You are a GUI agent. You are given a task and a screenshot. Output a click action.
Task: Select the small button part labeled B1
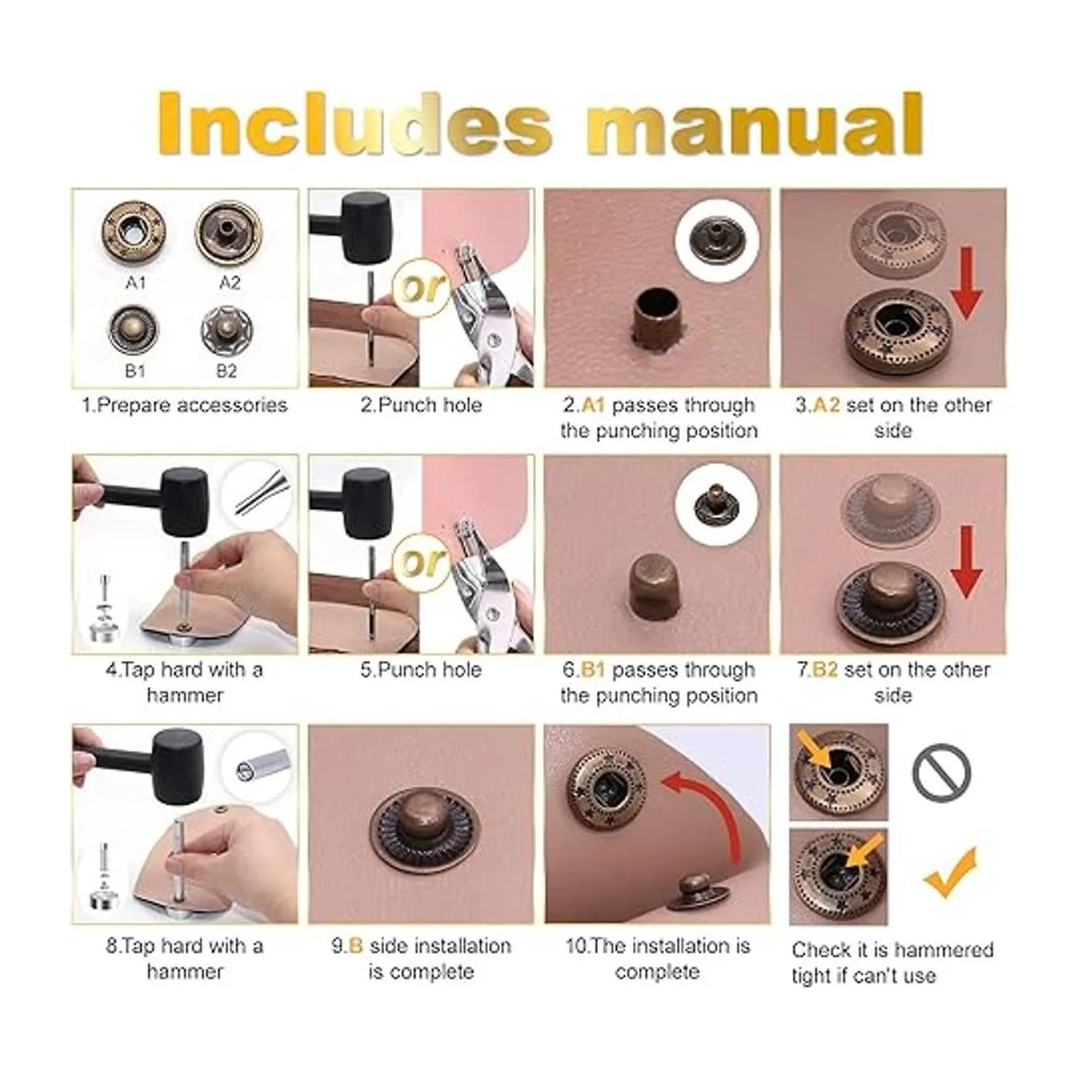(133, 329)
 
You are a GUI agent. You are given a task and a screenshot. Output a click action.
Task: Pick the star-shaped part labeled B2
(227, 329)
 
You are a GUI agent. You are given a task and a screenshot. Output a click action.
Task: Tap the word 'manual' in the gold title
(754, 124)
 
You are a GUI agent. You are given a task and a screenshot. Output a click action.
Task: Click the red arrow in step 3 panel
(967, 283)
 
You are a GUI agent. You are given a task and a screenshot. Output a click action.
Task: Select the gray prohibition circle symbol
(941, 773)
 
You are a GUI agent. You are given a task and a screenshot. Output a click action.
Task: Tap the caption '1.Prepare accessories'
(185, 405)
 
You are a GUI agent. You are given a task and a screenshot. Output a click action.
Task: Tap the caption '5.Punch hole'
(421, 670)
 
